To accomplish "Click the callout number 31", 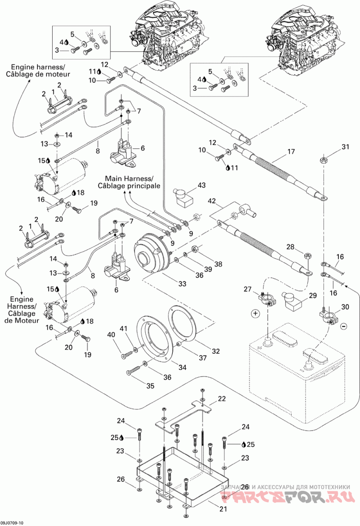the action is pos(346,147).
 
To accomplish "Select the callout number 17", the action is pos(291,151).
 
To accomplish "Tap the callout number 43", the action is pos(202,185).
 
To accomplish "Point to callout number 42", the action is pos(212,201).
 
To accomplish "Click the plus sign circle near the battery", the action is pos(256,313).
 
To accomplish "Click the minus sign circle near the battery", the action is pos(344,326).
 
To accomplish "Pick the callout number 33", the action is pos(182,284).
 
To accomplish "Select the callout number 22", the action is pos(222,399).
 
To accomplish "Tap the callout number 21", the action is pos(223,509).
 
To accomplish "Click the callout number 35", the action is pos(151,386).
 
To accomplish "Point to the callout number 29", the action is pos(313,296).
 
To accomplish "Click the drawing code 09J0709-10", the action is pos(12,523).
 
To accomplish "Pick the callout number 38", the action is pos(218,264).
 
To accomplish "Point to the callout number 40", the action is pos(111,334).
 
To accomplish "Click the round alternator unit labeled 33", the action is pos(151,251).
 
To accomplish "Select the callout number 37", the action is pos(202,358).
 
